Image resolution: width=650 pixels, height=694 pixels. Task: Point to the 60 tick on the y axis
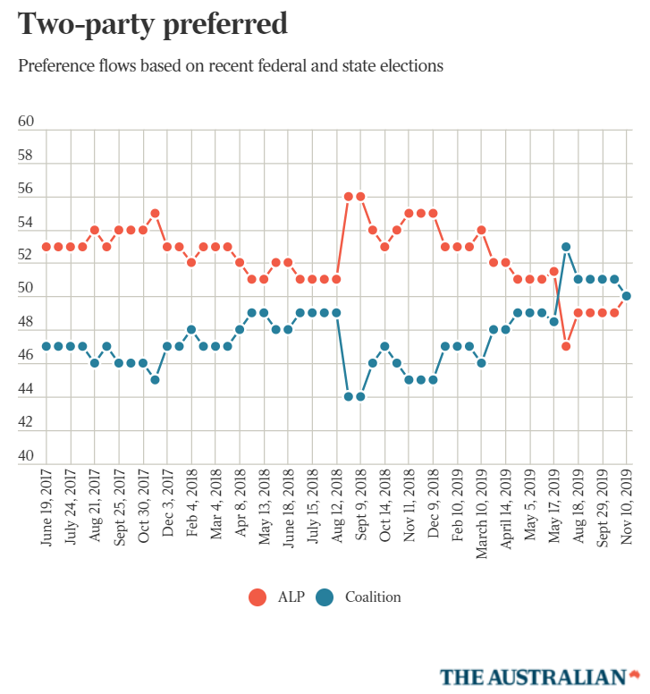point(26,123)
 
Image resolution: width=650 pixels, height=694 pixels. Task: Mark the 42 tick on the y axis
point(26,423)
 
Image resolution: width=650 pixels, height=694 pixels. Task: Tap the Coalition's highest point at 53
point(566,246)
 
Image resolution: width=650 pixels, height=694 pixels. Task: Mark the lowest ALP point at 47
point(566,346)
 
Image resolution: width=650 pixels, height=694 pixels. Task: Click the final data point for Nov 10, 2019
point(627,296)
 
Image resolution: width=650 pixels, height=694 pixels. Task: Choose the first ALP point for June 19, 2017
point(46,246)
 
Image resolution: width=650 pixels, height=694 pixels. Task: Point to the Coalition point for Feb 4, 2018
point(191,329)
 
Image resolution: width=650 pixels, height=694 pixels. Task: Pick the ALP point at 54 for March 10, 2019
point(482,229)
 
